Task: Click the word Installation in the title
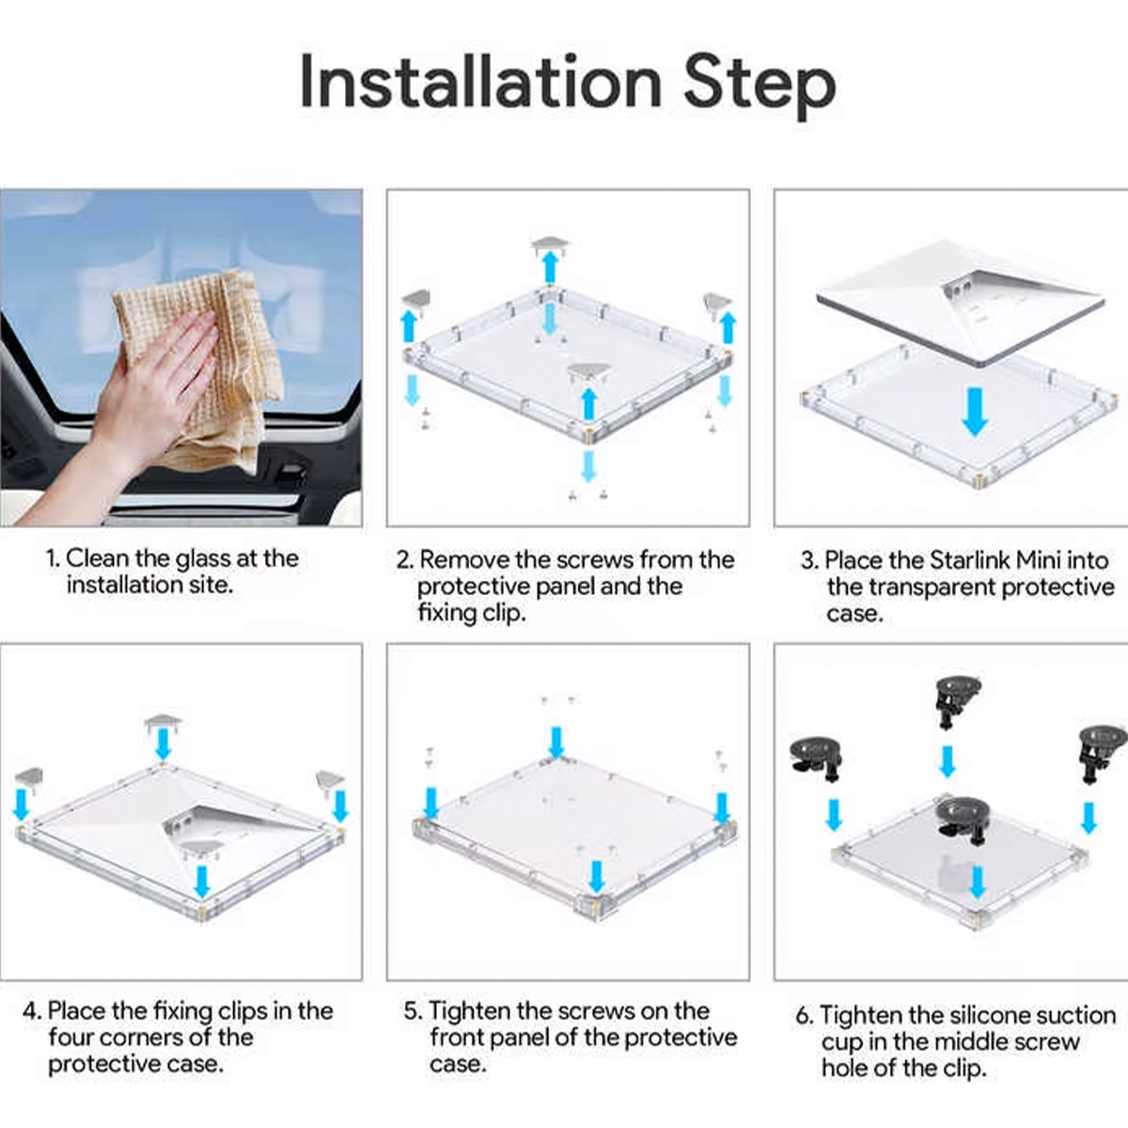pos(480,82)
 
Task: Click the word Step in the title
pos(760,86)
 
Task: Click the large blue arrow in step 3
pos(975,412)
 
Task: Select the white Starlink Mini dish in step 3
pos(961,302)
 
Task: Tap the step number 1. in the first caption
pos(54,558)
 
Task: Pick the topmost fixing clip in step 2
pos(550,244)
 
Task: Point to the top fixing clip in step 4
pos(164,722)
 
